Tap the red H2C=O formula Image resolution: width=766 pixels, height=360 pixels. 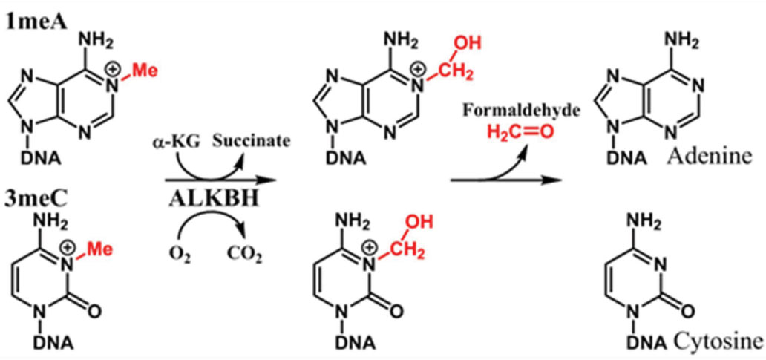(x=520, y=134)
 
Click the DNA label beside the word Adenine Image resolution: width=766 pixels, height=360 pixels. (x=635, y=157)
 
